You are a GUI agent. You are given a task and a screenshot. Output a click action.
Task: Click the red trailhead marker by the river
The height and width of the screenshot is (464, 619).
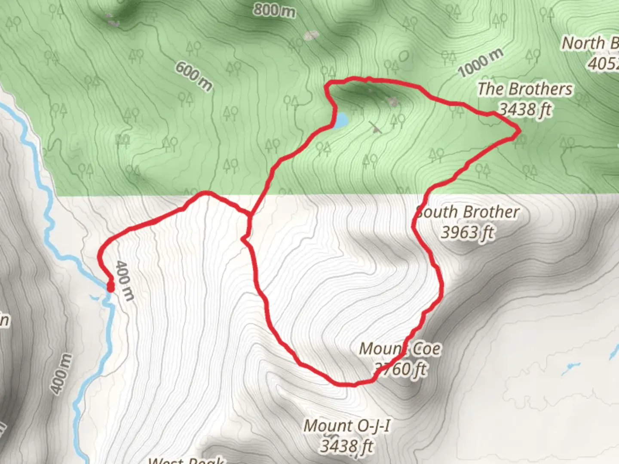pyautogui.click(x=110, y=287)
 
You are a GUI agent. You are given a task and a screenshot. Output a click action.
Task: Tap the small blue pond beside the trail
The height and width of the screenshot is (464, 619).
pyautogui.click(x=340, y=121)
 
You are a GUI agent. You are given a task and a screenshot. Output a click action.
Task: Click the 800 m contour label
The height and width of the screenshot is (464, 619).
pyautogui.click(x=274, y=10)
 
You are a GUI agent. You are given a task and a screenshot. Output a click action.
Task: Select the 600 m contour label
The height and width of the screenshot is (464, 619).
pyautogui.click(x=194, y=76)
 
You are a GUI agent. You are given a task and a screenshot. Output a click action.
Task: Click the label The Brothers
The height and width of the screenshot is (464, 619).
pyautogui.click(x=525, y=89)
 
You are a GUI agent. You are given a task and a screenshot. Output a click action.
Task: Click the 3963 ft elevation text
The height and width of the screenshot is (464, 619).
pyautogui.click(x=467, y=232)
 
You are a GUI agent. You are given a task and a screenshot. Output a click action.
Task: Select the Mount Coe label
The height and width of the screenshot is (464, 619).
pyautogui.click(x=400, y=348)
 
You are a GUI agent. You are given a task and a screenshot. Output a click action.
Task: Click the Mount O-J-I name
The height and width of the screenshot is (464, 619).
pyautogui.click(x=347, y=426)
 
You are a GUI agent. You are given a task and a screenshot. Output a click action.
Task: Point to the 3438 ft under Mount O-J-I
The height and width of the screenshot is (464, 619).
pyautogui.click(x=346, y=446)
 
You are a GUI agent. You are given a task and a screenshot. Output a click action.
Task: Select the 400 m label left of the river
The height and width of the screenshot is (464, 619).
pyautogui.click(x=61, y=374)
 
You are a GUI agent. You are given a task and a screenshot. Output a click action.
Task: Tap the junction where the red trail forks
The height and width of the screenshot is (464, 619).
pyautogui.click(x=249, y=214)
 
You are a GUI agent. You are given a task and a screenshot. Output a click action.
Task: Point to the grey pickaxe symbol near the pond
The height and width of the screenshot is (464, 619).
pyautogui.click(x=375, y=127)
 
